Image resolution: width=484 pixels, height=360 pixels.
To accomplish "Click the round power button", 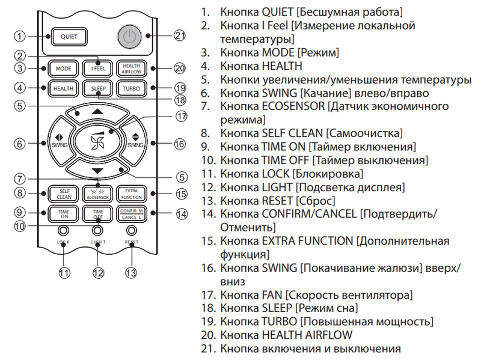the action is click(129, 37).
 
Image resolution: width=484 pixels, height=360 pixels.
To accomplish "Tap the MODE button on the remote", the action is click(63, 69).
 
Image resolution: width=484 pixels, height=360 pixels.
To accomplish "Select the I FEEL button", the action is click(98, 69).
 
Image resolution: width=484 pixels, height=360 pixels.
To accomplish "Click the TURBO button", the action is click(131, 88).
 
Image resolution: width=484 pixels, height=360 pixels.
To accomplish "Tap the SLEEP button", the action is click(98, 88).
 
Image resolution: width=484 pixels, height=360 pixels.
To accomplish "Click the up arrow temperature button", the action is click(98, 112).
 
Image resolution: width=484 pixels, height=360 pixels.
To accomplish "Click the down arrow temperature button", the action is click(98, 170).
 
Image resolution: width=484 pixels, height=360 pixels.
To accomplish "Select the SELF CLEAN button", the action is click(64, 194).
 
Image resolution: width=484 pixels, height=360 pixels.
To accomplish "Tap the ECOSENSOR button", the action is click(98, 194).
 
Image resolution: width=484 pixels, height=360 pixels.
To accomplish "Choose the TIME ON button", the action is click(64, 214).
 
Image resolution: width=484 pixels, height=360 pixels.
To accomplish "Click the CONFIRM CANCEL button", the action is click(132, 214).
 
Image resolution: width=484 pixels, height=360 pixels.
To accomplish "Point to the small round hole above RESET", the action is click(132, 230).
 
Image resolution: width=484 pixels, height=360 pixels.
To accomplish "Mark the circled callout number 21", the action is click(180, 35).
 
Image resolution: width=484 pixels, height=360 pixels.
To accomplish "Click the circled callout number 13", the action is click(131, 273).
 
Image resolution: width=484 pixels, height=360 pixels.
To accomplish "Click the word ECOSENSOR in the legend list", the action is click(293, 106).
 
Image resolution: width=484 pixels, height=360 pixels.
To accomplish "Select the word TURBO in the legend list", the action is click(279, 322).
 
